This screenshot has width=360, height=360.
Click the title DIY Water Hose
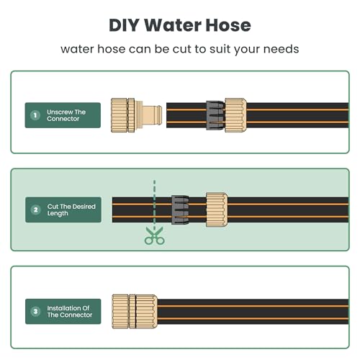pyautogui.click(x=180, y=24)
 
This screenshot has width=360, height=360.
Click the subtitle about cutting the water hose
pyautogui.click(x=180, y=50)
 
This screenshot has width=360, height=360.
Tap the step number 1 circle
pyautogui.click(x=34, y=114)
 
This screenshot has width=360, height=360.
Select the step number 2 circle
pyautogui.click(x=34, y=211)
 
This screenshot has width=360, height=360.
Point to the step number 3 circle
pyautogui.click(x=34, y=311)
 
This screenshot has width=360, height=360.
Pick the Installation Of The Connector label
pyautogui.click(x=70, y=311)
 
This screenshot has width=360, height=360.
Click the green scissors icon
pyautogui.click(x=153, y=236)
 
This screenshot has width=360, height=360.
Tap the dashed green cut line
pyautogui.click(x=153, y=202)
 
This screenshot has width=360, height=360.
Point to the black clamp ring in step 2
pyautogui.click(x=180, y=210)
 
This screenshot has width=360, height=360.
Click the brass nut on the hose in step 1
pyautogui.click(x=235, y=114)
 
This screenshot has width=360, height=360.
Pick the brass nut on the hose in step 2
pyautogui.click(x=217, y=210)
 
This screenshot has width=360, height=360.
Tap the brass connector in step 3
pyautogui.click(x=135, y=311)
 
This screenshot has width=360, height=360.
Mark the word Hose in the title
pyautogui.click(x=225, y=24)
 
